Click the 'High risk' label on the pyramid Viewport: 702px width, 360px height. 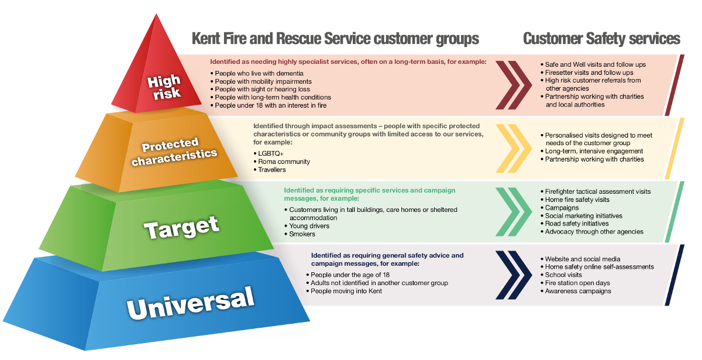pos(164,87)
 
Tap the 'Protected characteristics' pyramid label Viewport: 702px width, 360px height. pos(174,151)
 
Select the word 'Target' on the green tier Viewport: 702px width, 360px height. pos(181,227)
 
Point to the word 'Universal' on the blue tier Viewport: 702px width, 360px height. pos(190,303)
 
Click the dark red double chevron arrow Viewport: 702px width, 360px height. pos(514,85)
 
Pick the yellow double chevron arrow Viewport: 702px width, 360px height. pos(514,148)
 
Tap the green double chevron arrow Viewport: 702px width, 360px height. pos(514,212)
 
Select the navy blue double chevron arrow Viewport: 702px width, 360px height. pos(514,275)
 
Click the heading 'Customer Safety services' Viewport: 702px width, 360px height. pos(602,39)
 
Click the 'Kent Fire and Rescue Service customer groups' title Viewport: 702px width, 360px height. pos(335,39)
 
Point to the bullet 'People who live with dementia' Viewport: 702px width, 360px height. pos(257,73)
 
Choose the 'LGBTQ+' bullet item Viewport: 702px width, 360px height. pos(269,153)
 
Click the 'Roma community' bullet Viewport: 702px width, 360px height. pos(282,162)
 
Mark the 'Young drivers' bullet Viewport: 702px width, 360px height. pos(307,226)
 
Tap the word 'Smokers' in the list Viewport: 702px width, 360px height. pos(300,234)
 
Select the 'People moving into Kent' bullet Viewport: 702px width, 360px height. pos(344,292)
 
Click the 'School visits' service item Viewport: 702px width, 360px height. pos(561,275)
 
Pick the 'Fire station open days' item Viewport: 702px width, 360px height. pos(576,283)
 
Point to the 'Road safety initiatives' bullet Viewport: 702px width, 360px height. pos(574,224)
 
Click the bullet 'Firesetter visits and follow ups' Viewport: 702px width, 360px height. pos(587,73)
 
